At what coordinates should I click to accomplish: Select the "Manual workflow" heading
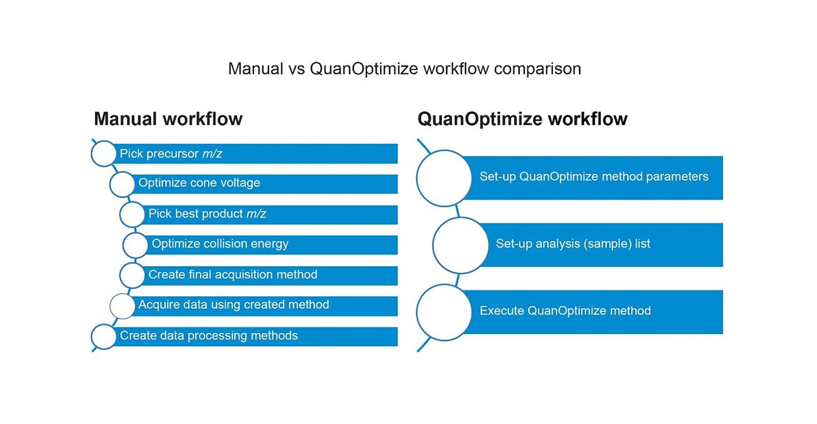168,119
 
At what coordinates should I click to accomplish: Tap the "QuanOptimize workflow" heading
522,119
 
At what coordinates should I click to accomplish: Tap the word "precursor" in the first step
172,154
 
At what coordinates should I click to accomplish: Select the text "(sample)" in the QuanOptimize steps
607,244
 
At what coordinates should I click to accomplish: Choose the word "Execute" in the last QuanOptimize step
502,311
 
